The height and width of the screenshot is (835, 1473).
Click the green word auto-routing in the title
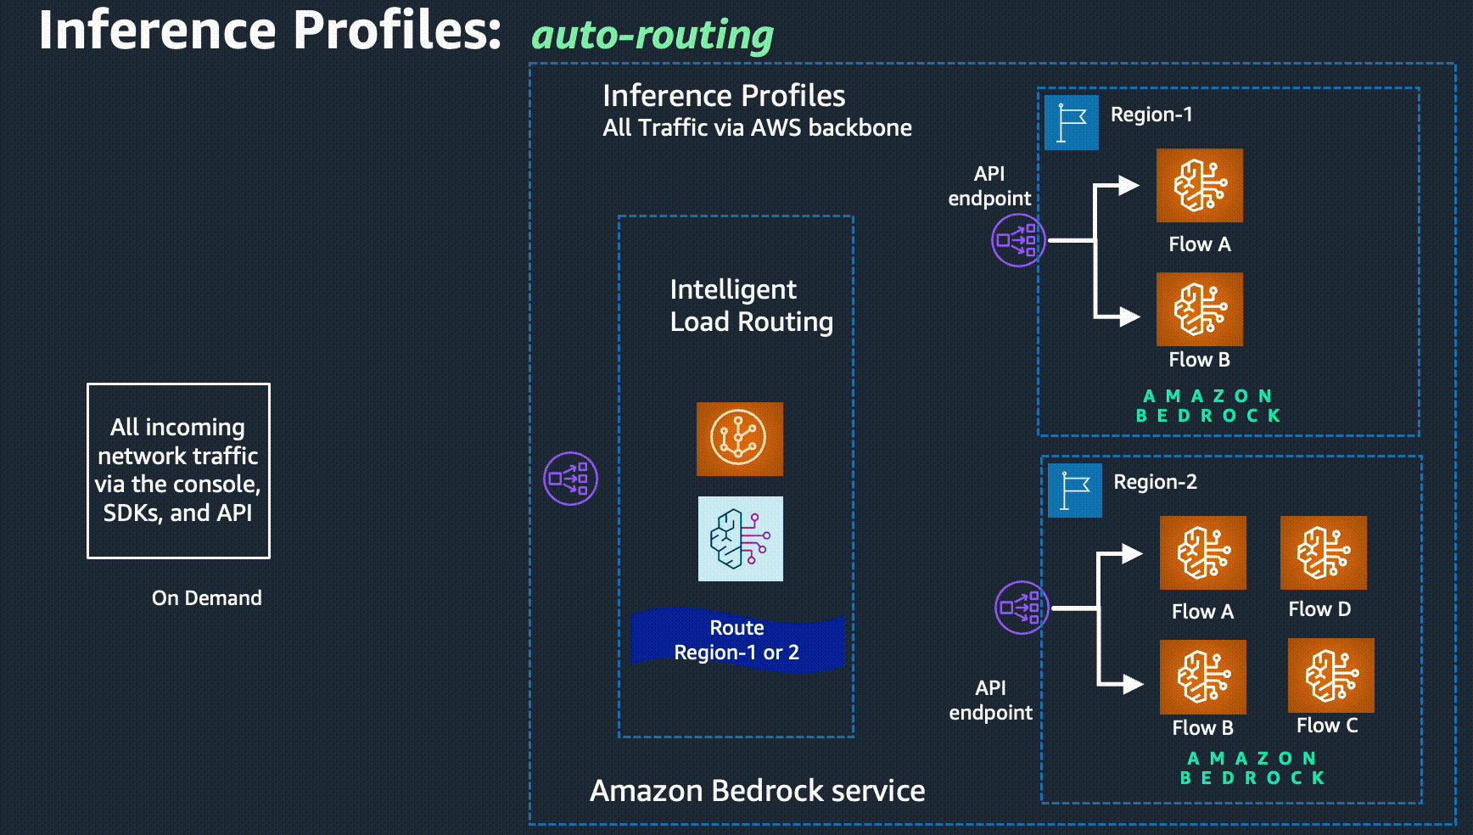click(652, 36)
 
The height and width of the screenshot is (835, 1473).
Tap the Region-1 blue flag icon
click(1071, 123)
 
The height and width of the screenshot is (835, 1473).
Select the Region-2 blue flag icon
click(1074, 490)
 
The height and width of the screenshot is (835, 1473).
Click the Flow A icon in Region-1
click(1199, 186)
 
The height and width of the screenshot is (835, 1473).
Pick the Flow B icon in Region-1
click(1199, 309)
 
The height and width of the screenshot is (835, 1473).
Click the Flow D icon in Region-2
click(1323, 552)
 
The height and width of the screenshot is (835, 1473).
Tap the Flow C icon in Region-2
click(1330, 675)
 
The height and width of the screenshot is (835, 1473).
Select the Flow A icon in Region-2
click(1202, 552)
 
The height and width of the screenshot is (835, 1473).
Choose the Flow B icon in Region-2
click(1202, 676)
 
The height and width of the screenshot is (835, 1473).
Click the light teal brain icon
click(740, 539)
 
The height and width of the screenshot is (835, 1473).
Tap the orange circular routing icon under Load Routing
click(739, 439)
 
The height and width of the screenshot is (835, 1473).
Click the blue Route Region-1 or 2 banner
click(736, 640)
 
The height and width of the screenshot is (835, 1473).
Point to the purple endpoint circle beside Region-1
click(1017, 240)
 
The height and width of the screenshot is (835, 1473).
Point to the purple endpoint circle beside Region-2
click(1021, 608)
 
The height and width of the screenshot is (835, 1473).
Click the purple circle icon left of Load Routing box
click(570, 479)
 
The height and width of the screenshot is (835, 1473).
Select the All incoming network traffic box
click(178, 470)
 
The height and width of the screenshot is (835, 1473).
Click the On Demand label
click(206, 598)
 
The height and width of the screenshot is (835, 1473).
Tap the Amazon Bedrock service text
click(757, 791)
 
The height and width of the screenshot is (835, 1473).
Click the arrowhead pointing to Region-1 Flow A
click(1128, 186)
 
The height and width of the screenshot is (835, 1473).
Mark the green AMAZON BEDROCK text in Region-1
click(1207, 406)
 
